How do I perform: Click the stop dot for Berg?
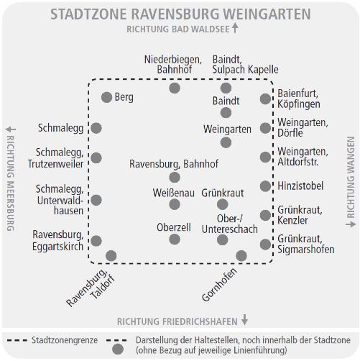106,97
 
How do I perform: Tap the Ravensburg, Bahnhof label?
174,164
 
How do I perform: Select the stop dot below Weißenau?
175,204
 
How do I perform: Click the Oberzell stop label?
174,227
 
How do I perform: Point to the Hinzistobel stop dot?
265,186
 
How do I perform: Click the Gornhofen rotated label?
219,285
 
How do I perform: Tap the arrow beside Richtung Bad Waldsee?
235,27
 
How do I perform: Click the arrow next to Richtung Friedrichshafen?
244,319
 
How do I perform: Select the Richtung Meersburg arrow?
11,129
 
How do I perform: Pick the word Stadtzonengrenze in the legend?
65,340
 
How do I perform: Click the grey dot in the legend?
118,349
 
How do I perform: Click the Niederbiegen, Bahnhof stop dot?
175,88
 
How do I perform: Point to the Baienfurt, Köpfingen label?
299,99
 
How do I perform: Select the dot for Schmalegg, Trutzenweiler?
96,157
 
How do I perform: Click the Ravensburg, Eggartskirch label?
57,240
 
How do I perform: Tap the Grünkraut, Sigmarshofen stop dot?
265,245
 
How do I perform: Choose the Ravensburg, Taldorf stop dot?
111,255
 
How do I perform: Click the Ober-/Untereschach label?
229,224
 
